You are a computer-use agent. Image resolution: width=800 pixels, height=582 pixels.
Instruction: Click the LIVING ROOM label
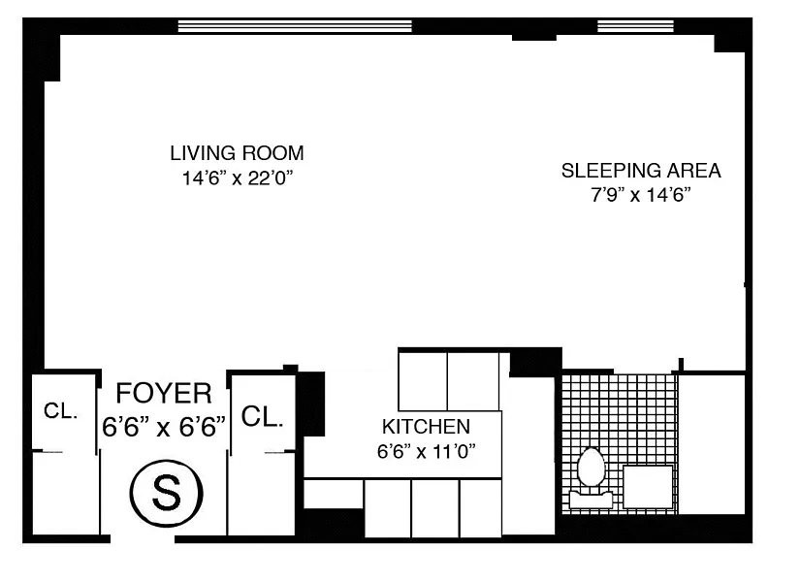(237, 153)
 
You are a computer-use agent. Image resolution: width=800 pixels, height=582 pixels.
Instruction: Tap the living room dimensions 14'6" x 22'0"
(238, 178)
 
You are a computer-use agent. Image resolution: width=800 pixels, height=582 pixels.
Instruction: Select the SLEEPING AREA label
(641, 171)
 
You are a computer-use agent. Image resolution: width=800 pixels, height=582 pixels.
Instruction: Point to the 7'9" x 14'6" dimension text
(641, 195)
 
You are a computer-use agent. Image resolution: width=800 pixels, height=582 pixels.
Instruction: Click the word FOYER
(164, 393)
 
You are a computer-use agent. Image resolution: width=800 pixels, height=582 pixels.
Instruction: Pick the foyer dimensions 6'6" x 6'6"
(164, 426)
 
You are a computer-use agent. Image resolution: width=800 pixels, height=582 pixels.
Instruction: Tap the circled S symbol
(167, 494)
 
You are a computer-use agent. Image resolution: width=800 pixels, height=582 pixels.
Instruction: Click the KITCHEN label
(426, 426)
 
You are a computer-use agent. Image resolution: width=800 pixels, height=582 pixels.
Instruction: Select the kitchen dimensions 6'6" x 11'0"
(426, 451)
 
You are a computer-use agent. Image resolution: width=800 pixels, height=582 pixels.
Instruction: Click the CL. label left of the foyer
(61, 410)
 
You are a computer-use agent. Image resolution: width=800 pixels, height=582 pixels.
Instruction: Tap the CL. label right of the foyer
(262, 416)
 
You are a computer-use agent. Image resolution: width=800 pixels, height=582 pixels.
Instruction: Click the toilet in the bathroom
(591, 478)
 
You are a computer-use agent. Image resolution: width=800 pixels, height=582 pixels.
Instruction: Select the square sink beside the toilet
(648, 487)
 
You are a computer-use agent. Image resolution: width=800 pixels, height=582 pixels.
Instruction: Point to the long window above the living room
(295, 26)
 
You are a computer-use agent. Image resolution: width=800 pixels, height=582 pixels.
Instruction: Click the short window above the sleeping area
(636, 26)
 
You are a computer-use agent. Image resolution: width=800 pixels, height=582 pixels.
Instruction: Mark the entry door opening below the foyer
(143, 538)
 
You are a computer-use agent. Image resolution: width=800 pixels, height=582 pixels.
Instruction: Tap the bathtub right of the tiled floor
(712, 444)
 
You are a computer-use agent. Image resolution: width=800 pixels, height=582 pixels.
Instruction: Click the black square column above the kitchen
(535, 363)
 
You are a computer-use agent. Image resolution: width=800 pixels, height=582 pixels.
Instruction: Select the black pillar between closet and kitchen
(310, 404)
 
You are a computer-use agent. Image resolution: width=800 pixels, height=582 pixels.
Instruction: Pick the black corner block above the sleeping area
(729, 44)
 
